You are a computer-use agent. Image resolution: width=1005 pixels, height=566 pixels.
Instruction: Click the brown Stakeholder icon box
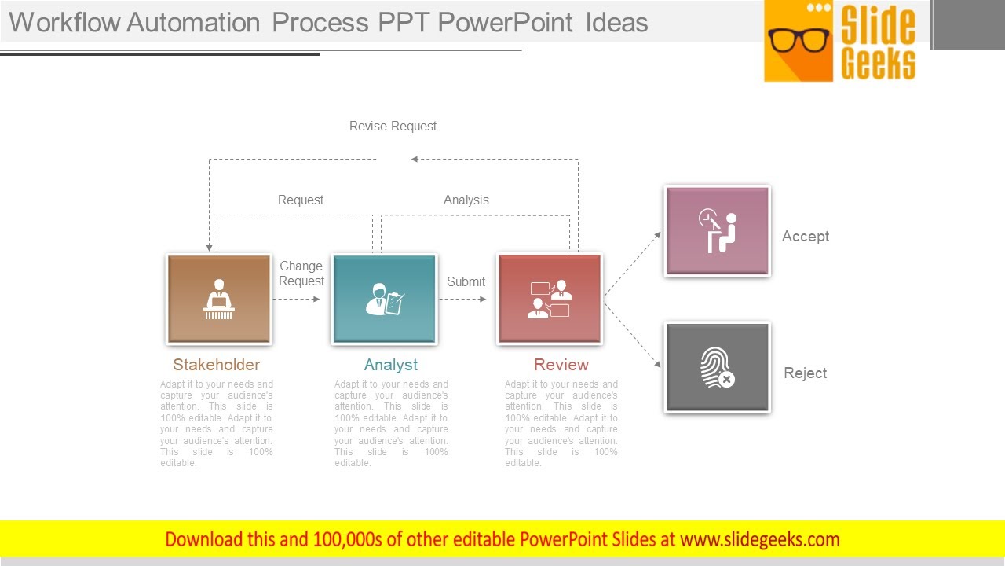pos(218,299)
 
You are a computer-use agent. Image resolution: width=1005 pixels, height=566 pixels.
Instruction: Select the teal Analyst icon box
pos(384,299)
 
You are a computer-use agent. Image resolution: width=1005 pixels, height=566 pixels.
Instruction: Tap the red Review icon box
pos(550,299)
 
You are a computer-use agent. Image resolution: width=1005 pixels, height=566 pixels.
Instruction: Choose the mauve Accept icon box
pos(717,231)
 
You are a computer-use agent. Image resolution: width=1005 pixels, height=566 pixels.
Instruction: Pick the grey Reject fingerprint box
pos(717,368)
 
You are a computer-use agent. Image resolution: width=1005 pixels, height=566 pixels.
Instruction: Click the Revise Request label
pos(393,126)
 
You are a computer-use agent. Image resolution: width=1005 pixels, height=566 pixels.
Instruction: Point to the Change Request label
pos(301,274)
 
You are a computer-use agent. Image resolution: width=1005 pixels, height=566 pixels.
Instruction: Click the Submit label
pos(466,281)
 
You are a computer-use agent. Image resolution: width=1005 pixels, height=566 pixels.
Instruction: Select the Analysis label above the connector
pos(466,200)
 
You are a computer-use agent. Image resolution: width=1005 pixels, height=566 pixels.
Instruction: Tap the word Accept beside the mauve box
pos(806,237)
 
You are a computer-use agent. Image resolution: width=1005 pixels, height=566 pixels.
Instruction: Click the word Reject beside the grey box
pos(806,373)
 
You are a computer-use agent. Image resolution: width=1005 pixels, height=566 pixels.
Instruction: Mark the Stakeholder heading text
pos(216,365)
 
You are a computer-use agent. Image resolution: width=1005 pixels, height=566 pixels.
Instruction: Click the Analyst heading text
pos(391,365)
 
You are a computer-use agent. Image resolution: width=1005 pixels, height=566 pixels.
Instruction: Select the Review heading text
pos(561,365)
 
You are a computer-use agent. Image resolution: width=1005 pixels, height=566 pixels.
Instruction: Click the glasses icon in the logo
pos(799,39)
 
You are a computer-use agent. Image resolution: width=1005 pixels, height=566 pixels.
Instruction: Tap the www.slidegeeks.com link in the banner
pos(759,539)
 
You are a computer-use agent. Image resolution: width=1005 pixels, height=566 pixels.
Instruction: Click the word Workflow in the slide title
pos(64,22)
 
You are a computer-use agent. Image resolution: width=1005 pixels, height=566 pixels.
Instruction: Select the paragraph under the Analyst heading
pos(391,424)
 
